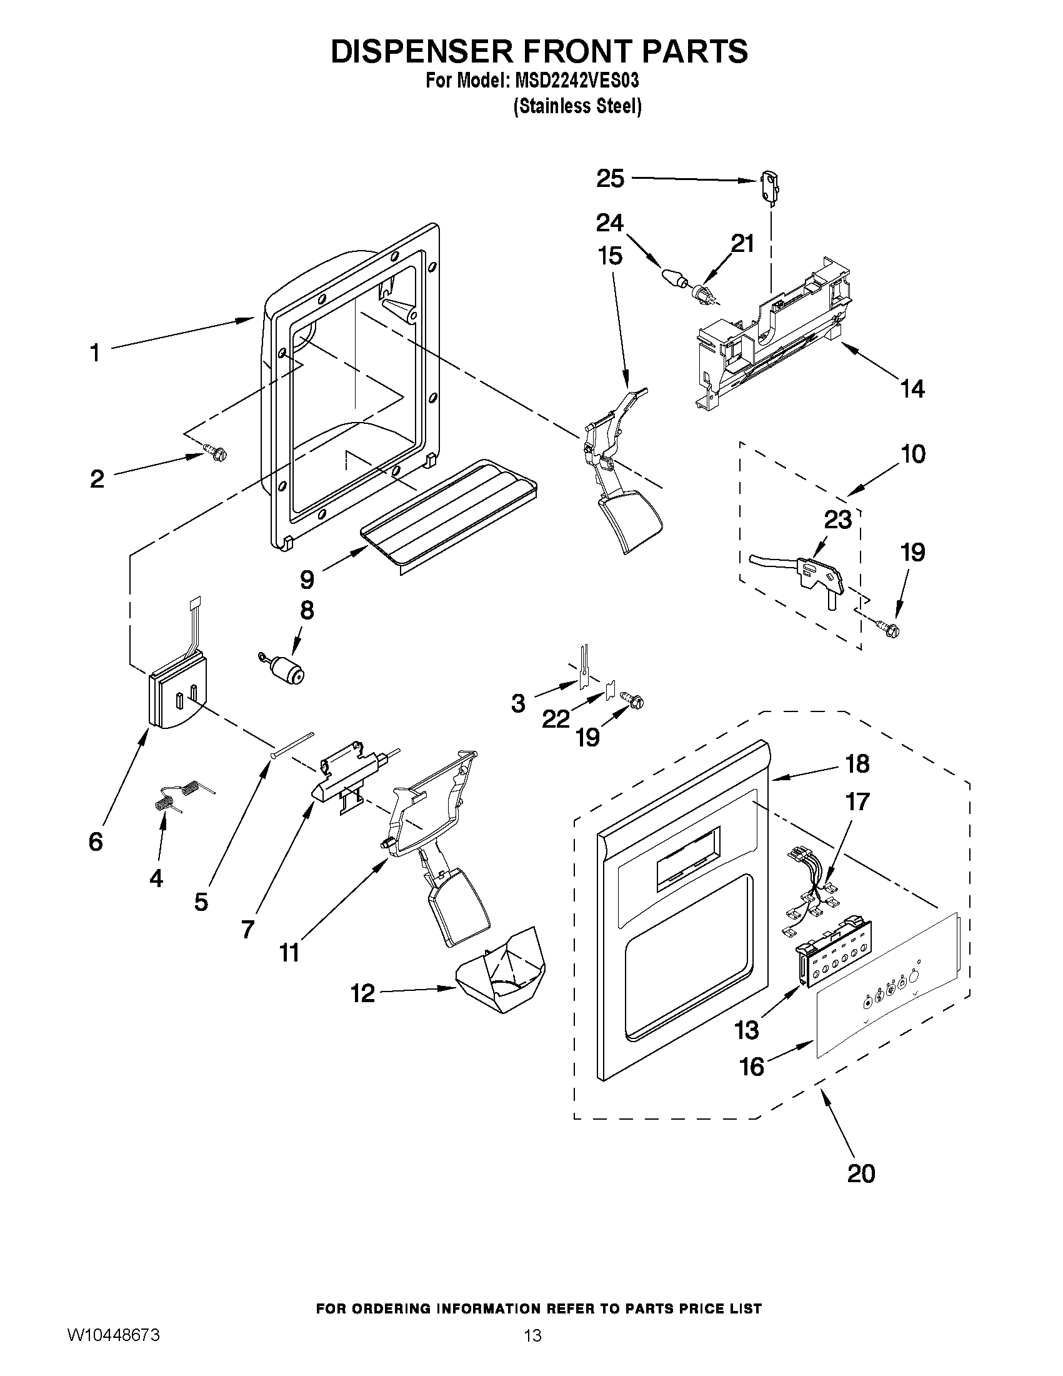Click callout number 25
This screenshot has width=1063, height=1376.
click(x=609, y=179)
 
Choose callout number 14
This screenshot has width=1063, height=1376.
click(x=912, y=389)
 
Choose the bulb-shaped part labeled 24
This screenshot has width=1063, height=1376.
click(x=674, y=278)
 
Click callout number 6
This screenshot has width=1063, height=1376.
click(x=95, y=841)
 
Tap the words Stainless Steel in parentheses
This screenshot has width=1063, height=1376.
click(x=577, y=106)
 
